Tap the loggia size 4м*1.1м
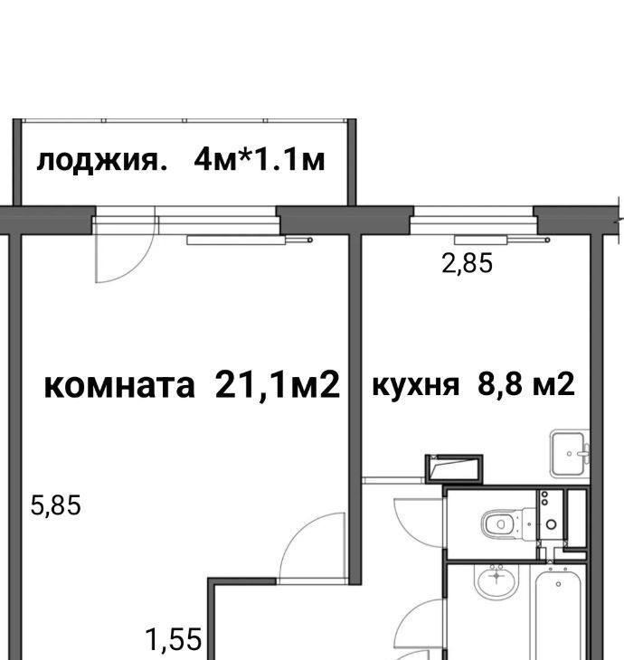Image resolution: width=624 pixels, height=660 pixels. click(x=260, y=159)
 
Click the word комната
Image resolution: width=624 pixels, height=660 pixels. click(x=119, y=386)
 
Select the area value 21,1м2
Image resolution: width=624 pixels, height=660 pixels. click(x=278, y=384)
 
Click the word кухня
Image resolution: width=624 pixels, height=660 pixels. click(x=416, y=385)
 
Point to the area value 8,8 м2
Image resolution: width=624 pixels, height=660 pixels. click(x=526, y=383)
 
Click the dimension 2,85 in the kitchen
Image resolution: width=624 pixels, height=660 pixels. click(x=467, y=264)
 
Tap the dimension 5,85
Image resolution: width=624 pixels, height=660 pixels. click(x=55, y=505)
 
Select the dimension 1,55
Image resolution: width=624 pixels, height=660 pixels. click(x=173, y=639)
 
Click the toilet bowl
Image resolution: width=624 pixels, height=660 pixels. click(x=507, y=524)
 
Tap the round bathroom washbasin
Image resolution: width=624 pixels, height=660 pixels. click(x=496, y=580)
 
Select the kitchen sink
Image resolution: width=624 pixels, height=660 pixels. click(x=570, y=454)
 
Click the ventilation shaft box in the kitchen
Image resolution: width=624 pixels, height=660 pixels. click(x=454, y=469)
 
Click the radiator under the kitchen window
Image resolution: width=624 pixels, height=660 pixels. click(x=502, y=240)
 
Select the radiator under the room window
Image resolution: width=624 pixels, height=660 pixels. click(x=250, y=240)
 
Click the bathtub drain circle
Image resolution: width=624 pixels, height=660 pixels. click(x=558, y=584)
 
